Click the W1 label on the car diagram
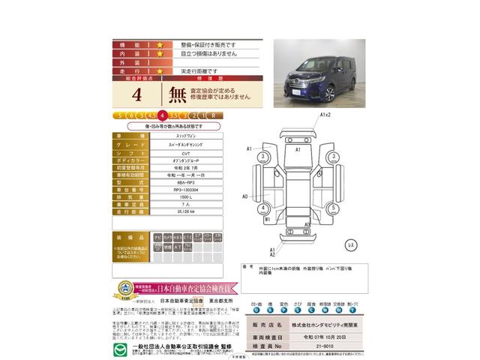click(x=268, y=220)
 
